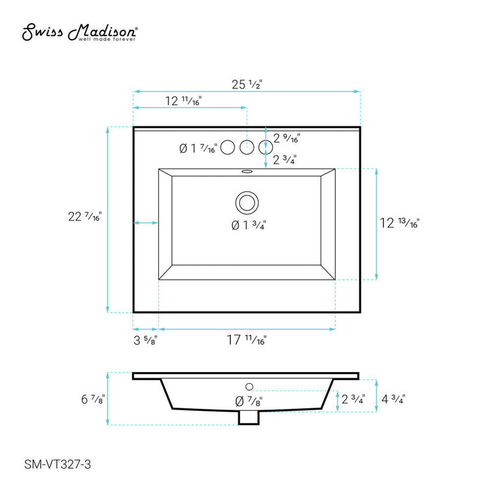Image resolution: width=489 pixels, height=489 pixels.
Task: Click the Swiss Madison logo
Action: pos(81,32)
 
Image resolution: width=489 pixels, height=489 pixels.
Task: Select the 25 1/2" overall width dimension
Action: pos(247,84)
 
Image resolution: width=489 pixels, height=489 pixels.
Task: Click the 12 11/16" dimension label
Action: pos(183,101)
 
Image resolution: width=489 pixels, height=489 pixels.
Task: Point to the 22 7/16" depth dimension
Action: pos(85,217)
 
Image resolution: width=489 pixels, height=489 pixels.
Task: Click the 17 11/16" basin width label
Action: pos(247,341)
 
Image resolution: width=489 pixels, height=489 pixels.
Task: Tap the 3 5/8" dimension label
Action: pos(145,341)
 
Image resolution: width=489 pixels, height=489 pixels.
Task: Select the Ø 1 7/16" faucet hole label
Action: pos(198,148)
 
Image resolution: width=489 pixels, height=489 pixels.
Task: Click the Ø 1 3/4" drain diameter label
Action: pos(247,225)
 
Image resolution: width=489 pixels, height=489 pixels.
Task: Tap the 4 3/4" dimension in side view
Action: pos(393,399)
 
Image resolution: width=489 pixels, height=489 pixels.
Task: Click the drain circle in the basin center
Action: pos(247,202)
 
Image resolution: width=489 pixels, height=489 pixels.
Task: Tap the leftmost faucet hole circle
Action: pos(229,147)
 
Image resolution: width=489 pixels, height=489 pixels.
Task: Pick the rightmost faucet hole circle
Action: pos(265,147)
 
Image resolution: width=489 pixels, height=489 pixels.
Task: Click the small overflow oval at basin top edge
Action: pos(247,171)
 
